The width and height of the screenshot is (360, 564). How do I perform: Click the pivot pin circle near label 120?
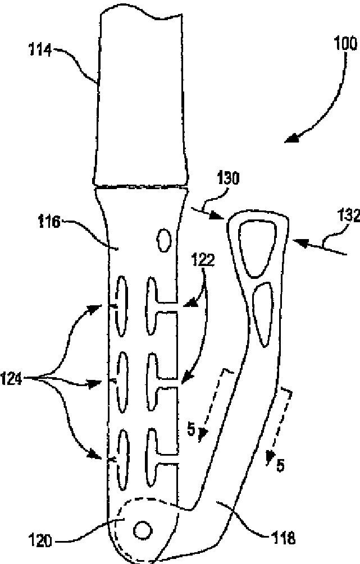pos(142,529)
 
